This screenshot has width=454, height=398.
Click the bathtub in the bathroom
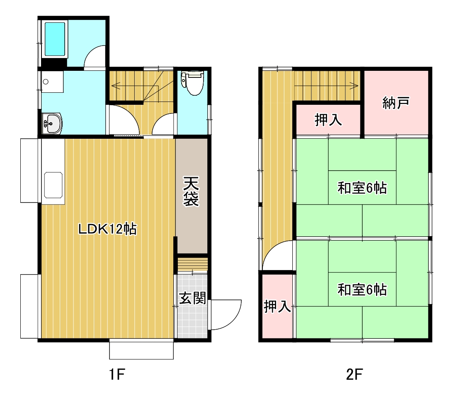click(x=55, y=39)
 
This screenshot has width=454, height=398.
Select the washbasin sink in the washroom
click(x=52, y=123)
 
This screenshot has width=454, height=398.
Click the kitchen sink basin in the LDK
click(x=53, y=185)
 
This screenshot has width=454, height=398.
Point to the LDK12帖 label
click(x=108, y=229)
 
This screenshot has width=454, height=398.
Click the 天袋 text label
click(x=191, y=192)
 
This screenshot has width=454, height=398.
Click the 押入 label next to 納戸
click(x=328, y=120)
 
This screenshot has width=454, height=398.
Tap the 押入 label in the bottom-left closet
click(x=277, y=306)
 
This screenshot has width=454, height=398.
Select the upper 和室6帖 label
click(x=362, y=188)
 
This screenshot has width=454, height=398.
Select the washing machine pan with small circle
click(x=52, y=82)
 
